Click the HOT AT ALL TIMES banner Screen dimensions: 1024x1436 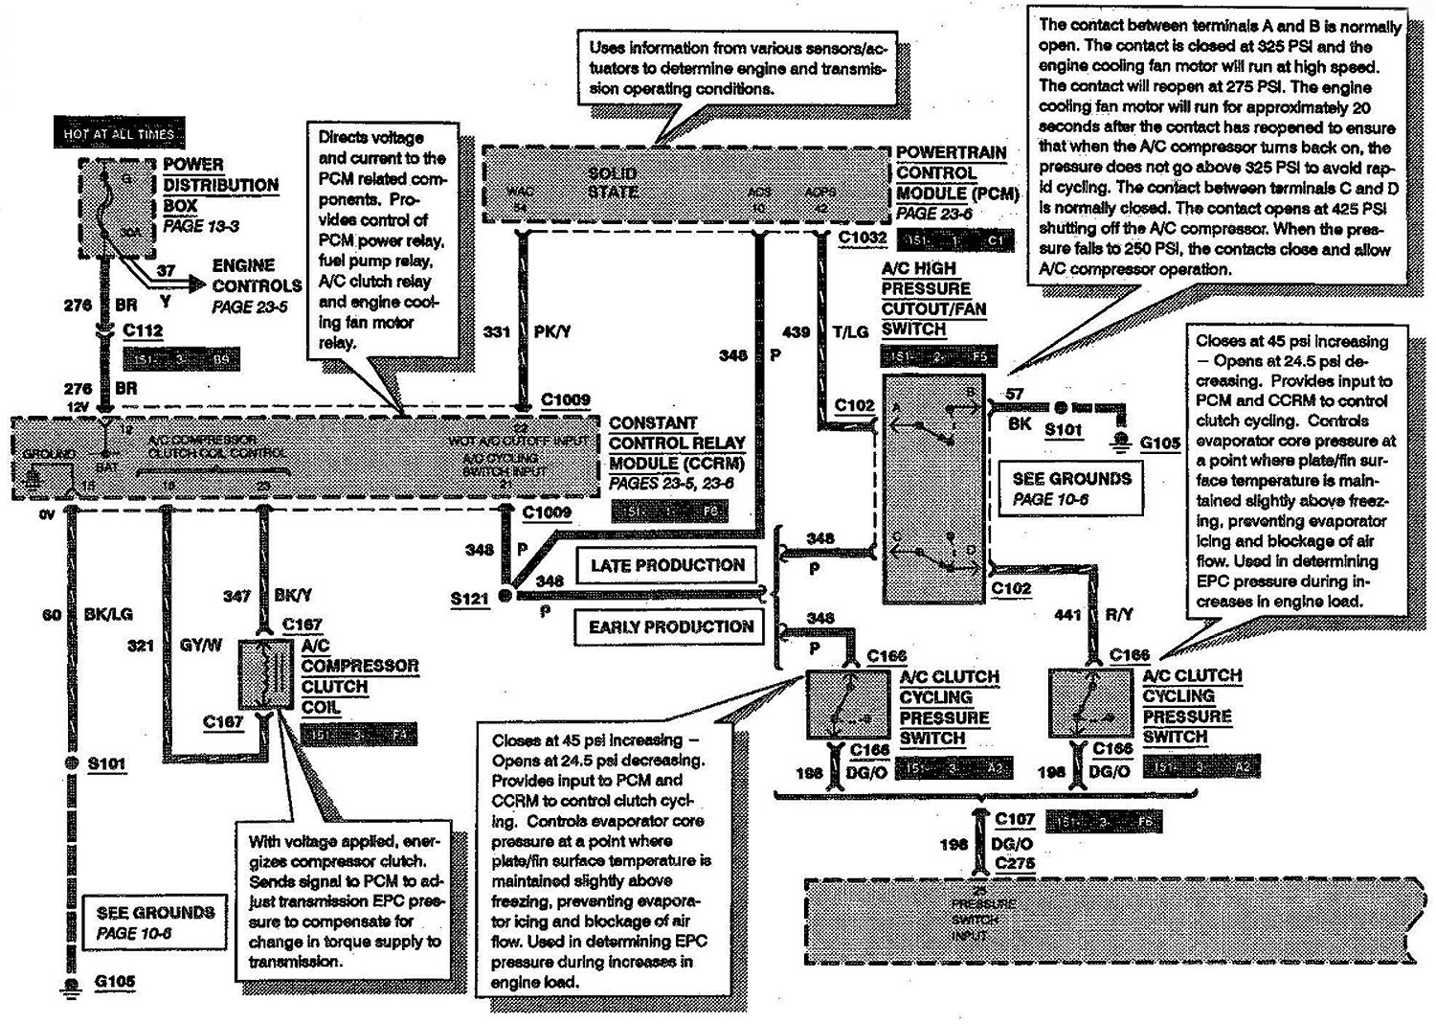119,134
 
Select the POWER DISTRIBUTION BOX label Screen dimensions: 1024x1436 220,185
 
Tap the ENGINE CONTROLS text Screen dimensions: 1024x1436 256,275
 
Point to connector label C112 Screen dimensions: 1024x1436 143,331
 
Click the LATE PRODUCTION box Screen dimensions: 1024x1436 666,565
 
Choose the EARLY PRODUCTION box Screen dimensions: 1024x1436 670,627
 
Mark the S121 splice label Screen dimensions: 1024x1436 470,598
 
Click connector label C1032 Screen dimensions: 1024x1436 862,238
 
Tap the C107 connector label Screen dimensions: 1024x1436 1015,819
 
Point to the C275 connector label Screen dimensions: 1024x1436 1015,864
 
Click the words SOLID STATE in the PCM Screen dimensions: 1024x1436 613,182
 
